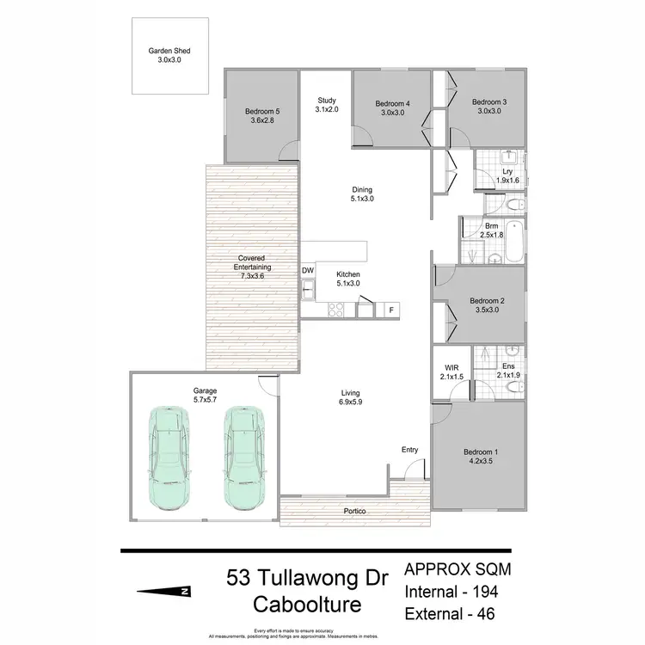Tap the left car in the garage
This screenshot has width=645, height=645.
tap(169, 458)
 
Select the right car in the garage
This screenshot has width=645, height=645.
tap(243, 458)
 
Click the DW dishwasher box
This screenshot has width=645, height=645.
tap(307, 271)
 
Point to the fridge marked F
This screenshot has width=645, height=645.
tap(391, 310)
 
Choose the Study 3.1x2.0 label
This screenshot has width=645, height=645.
tap(327, 105)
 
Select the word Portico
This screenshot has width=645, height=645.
tap(354, 512)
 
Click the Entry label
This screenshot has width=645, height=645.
tap(410, 450)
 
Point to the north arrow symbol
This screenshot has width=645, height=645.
tap(163, 591)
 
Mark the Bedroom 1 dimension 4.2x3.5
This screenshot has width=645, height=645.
tap(481, 461)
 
